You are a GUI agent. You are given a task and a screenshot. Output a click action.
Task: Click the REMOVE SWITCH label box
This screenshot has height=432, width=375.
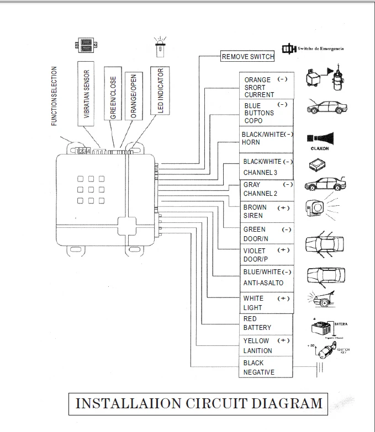(247, 56)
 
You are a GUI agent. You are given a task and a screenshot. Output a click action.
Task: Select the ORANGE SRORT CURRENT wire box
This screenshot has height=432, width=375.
(266, 87)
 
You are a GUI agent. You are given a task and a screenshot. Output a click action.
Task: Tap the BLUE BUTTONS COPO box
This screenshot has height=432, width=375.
(266, 113)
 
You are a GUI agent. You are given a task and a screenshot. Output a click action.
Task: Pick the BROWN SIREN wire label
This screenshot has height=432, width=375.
(266, 211)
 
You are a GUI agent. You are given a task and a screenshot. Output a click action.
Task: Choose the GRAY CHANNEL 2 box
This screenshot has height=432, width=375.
(266, 189)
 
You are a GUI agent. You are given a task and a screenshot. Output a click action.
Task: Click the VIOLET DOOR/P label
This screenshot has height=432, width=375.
(266, 254)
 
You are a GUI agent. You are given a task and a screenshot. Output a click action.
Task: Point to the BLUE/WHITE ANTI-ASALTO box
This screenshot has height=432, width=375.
(266, 278)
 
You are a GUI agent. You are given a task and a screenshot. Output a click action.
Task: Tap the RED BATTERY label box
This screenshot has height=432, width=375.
(266, 323)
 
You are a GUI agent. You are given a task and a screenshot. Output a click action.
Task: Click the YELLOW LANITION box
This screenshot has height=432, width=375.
(266, 346)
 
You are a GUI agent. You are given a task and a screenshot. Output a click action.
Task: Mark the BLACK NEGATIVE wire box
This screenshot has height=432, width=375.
(266, 367)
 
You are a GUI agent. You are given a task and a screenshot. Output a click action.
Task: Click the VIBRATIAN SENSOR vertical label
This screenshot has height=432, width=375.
(87, 94)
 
